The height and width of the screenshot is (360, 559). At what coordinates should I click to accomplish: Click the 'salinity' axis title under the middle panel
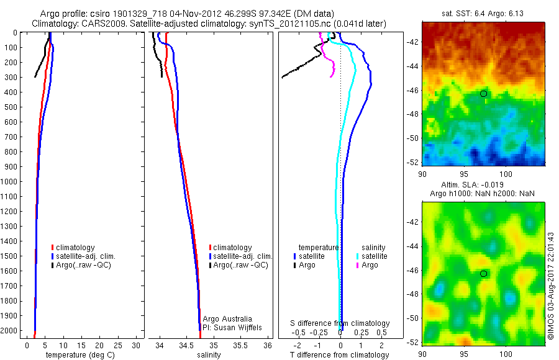pyautogui.click(x=209, y=354)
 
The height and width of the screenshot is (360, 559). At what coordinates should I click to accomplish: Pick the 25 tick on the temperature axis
pyautogui.click(x=118, y=344)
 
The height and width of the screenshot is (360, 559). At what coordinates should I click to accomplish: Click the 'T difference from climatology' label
pyautogui.click(x=339, y=354)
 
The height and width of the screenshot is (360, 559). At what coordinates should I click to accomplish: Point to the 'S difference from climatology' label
pyautogui.click(x=340, y=323)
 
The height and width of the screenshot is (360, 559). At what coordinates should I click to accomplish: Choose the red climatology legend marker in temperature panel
pyautogui.click(x=53, y=248)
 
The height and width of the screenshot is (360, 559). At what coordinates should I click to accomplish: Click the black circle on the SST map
pyautogui.click(x=483, y=93)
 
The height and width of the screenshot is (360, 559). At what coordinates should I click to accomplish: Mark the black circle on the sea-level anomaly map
pyautogui.click(x=483, y=274)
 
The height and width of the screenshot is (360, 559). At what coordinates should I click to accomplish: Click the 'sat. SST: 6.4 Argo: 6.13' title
pyautogui.click(x=483, y=12)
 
